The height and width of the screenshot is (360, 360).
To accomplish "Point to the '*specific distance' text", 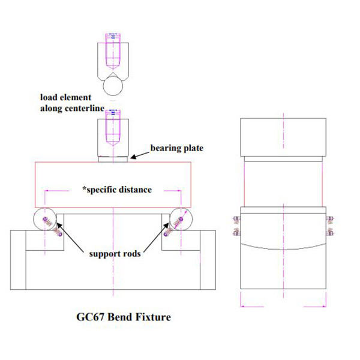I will click(117, 190).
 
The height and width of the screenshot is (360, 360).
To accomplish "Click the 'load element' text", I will click(66, 97).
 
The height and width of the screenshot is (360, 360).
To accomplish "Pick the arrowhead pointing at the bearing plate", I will click(133, 157).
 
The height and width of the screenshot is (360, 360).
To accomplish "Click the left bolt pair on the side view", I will click(235, 226).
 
